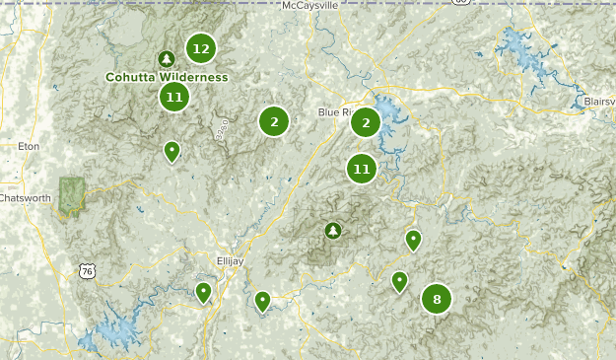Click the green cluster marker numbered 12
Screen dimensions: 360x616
(201, 47)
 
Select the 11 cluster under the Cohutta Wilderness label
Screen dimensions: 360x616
(174, 96)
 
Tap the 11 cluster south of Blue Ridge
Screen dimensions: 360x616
(362, 169)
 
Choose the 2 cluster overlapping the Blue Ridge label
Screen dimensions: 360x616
(366, 121)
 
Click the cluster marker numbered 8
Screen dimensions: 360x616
(436, 298)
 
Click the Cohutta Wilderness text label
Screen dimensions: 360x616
(168, 77)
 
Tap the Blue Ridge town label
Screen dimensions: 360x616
(334, 112)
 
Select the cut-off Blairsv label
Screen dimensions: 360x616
(598, 101)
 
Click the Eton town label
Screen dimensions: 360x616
(28, 146)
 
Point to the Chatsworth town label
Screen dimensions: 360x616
(25, 197)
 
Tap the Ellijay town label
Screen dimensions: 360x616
(230, 260)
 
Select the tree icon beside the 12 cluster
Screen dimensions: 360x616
(167, 58)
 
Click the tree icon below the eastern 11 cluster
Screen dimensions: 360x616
(333, 231)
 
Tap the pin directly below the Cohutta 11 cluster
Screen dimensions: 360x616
(171, 151)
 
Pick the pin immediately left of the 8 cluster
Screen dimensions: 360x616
(399, 281)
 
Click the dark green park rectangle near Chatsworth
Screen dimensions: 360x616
(71, 195)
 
